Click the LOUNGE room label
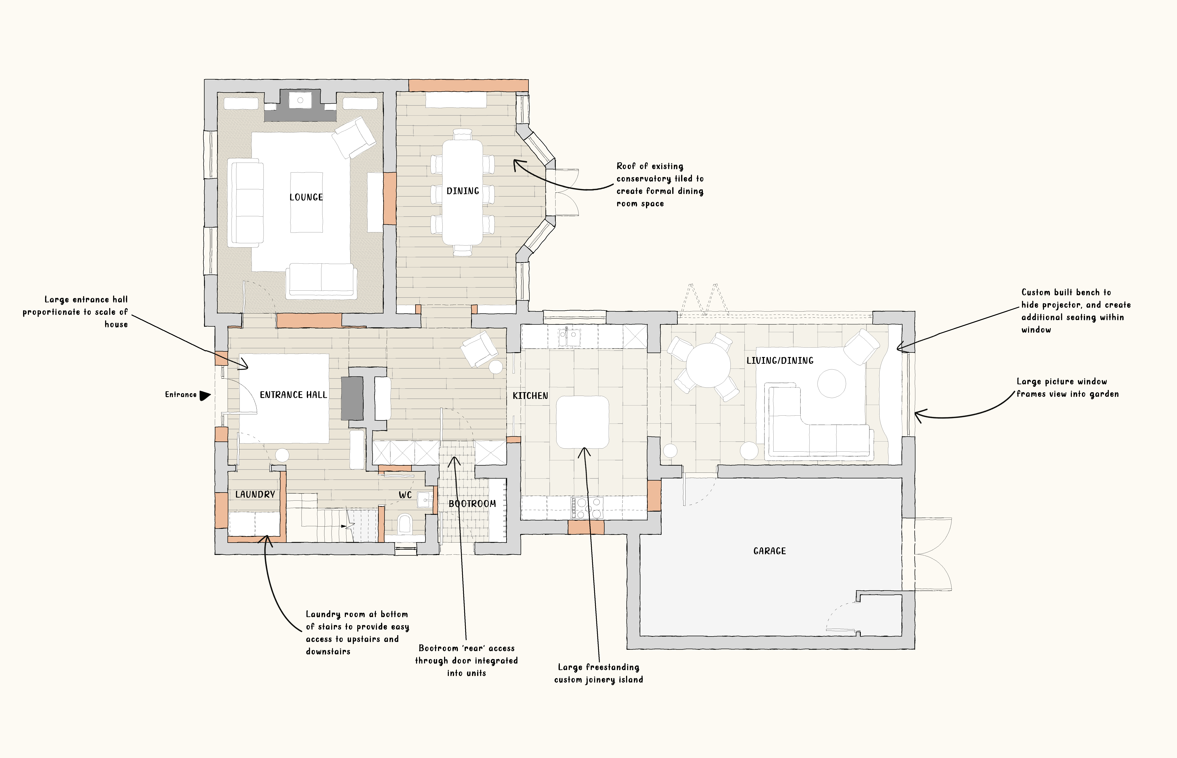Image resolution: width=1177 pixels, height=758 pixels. pos(306,197)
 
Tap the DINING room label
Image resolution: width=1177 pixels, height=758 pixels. pos(463,191)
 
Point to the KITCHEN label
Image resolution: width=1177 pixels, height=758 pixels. pos(530,396)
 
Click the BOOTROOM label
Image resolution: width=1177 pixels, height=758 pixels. pos(472,503)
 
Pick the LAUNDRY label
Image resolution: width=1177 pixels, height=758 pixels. pos(255,494)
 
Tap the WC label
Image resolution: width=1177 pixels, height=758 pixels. pos(405,495)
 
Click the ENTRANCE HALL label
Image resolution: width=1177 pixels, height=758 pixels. pos(293,395)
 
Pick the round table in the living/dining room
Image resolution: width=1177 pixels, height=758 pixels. pos(708,365)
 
